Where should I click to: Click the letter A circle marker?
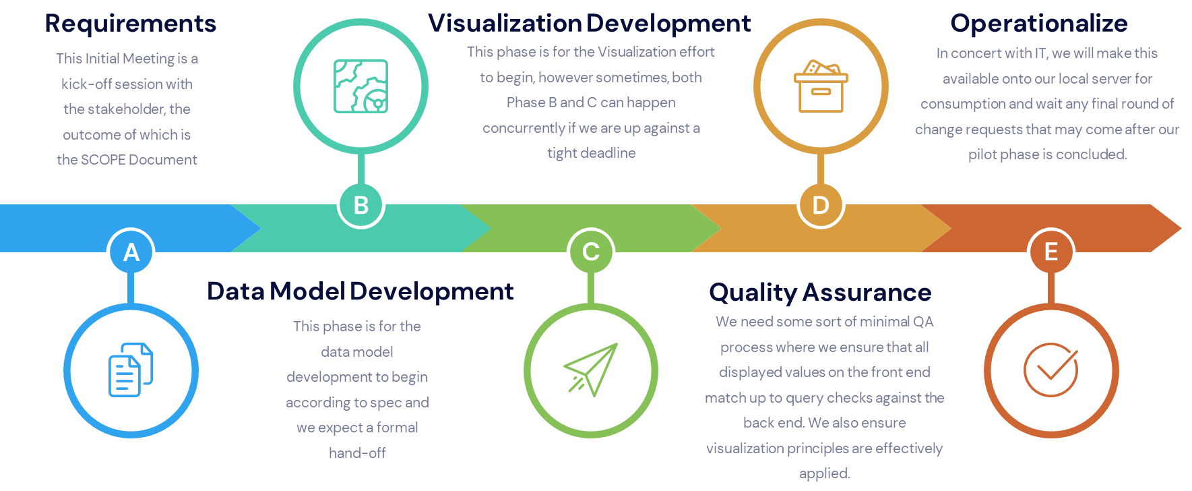tap(131, 252)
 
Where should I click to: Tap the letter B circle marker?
tap(361, 205)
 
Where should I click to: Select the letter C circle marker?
tap(591, 252)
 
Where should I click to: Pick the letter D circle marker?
tap(821, 205)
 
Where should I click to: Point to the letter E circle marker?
tap(1050, 252)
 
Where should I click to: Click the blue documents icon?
tap(131, 370)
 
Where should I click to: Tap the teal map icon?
tap(361, 86)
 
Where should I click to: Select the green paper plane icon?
tap(591, 370)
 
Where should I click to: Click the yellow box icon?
tap(821, 86)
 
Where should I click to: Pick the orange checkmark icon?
tap(1050, 370)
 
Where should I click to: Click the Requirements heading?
tap(131, 24)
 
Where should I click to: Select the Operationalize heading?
tap(1038, 24)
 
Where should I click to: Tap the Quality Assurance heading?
tap(820, 292)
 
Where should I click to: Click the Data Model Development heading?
tap(360, 291)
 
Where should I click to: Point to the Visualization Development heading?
tap(589, 24)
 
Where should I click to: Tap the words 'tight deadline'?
tap(592, 153)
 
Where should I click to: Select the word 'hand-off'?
tap(357, 453)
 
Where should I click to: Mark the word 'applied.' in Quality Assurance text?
tap(824, 473)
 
